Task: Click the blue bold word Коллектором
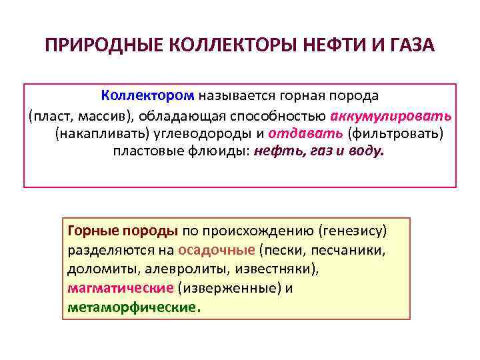point(148,97)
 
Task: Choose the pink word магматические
point(121,289)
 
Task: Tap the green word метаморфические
point(132,308)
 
